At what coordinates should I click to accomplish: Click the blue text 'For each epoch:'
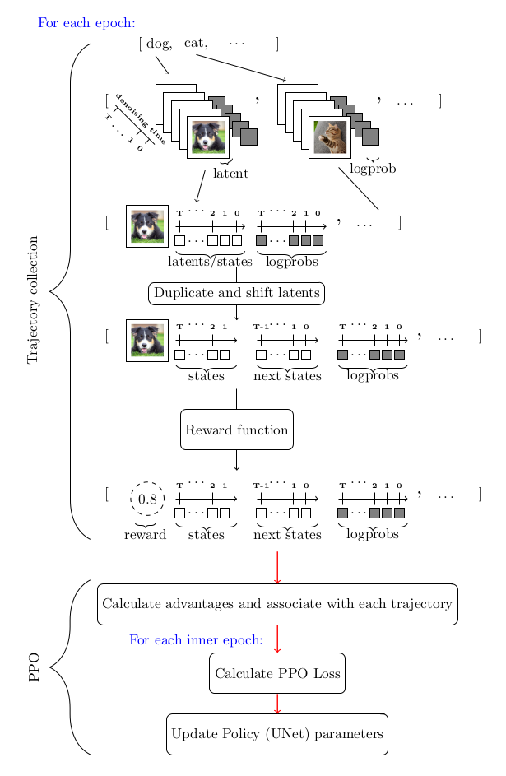(x=86, y=23)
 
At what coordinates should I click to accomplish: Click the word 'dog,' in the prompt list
(x=160, y=44)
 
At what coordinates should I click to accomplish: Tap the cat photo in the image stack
(x=330, y=137)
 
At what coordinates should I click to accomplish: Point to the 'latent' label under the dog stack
(x=230, y=174)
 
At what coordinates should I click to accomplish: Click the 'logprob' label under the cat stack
(x=373, y=169)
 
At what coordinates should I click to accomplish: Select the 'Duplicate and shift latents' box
(x=236, y=293)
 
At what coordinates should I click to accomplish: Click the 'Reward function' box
(x=237, y=430)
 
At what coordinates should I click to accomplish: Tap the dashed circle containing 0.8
(x=147, y=499)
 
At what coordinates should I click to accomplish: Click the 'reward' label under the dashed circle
(x=145, y=535)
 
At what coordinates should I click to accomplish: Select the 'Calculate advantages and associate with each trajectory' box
(x=277, y=604)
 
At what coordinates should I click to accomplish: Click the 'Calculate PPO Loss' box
(x=277, y=673)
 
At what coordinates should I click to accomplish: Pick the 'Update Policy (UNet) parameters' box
(x=277, y=734)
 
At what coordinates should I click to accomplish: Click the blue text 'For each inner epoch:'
(x=196, y=639)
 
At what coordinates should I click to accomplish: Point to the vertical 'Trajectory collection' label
(x=34, y=300)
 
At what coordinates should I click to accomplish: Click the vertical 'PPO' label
(x=34, y=667)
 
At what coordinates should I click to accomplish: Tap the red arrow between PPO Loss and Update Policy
(x=277, y=704)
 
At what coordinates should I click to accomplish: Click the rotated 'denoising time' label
(x=141, y=118)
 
